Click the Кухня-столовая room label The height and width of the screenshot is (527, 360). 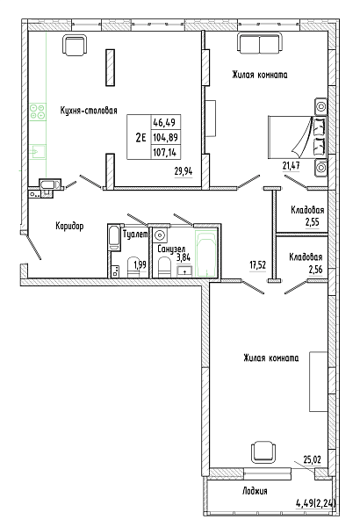click(89, 111)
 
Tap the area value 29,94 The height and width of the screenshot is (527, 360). click(184, 171)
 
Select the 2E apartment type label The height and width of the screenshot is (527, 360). click(140, 137)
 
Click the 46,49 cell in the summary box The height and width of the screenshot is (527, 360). click(164, 122)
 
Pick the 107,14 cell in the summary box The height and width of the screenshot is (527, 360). click(164, 153)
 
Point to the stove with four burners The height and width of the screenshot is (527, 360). click(37, 112)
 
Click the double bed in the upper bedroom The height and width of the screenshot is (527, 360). click(298, 137)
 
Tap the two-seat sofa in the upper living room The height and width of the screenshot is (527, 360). click(260, 43)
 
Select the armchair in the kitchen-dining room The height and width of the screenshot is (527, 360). click(75, 45)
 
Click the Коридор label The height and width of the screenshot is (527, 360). click(69, 226)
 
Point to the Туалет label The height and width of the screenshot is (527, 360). click(135, 235)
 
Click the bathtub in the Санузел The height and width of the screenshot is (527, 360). click(205, 253)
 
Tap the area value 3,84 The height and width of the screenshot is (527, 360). click(184, 257)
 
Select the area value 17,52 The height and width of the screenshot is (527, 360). click(257, 265)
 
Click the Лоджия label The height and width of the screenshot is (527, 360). click(255, 491)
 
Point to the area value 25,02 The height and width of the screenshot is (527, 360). click(312, 459)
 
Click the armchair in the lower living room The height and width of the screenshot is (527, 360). click(264, 451)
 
